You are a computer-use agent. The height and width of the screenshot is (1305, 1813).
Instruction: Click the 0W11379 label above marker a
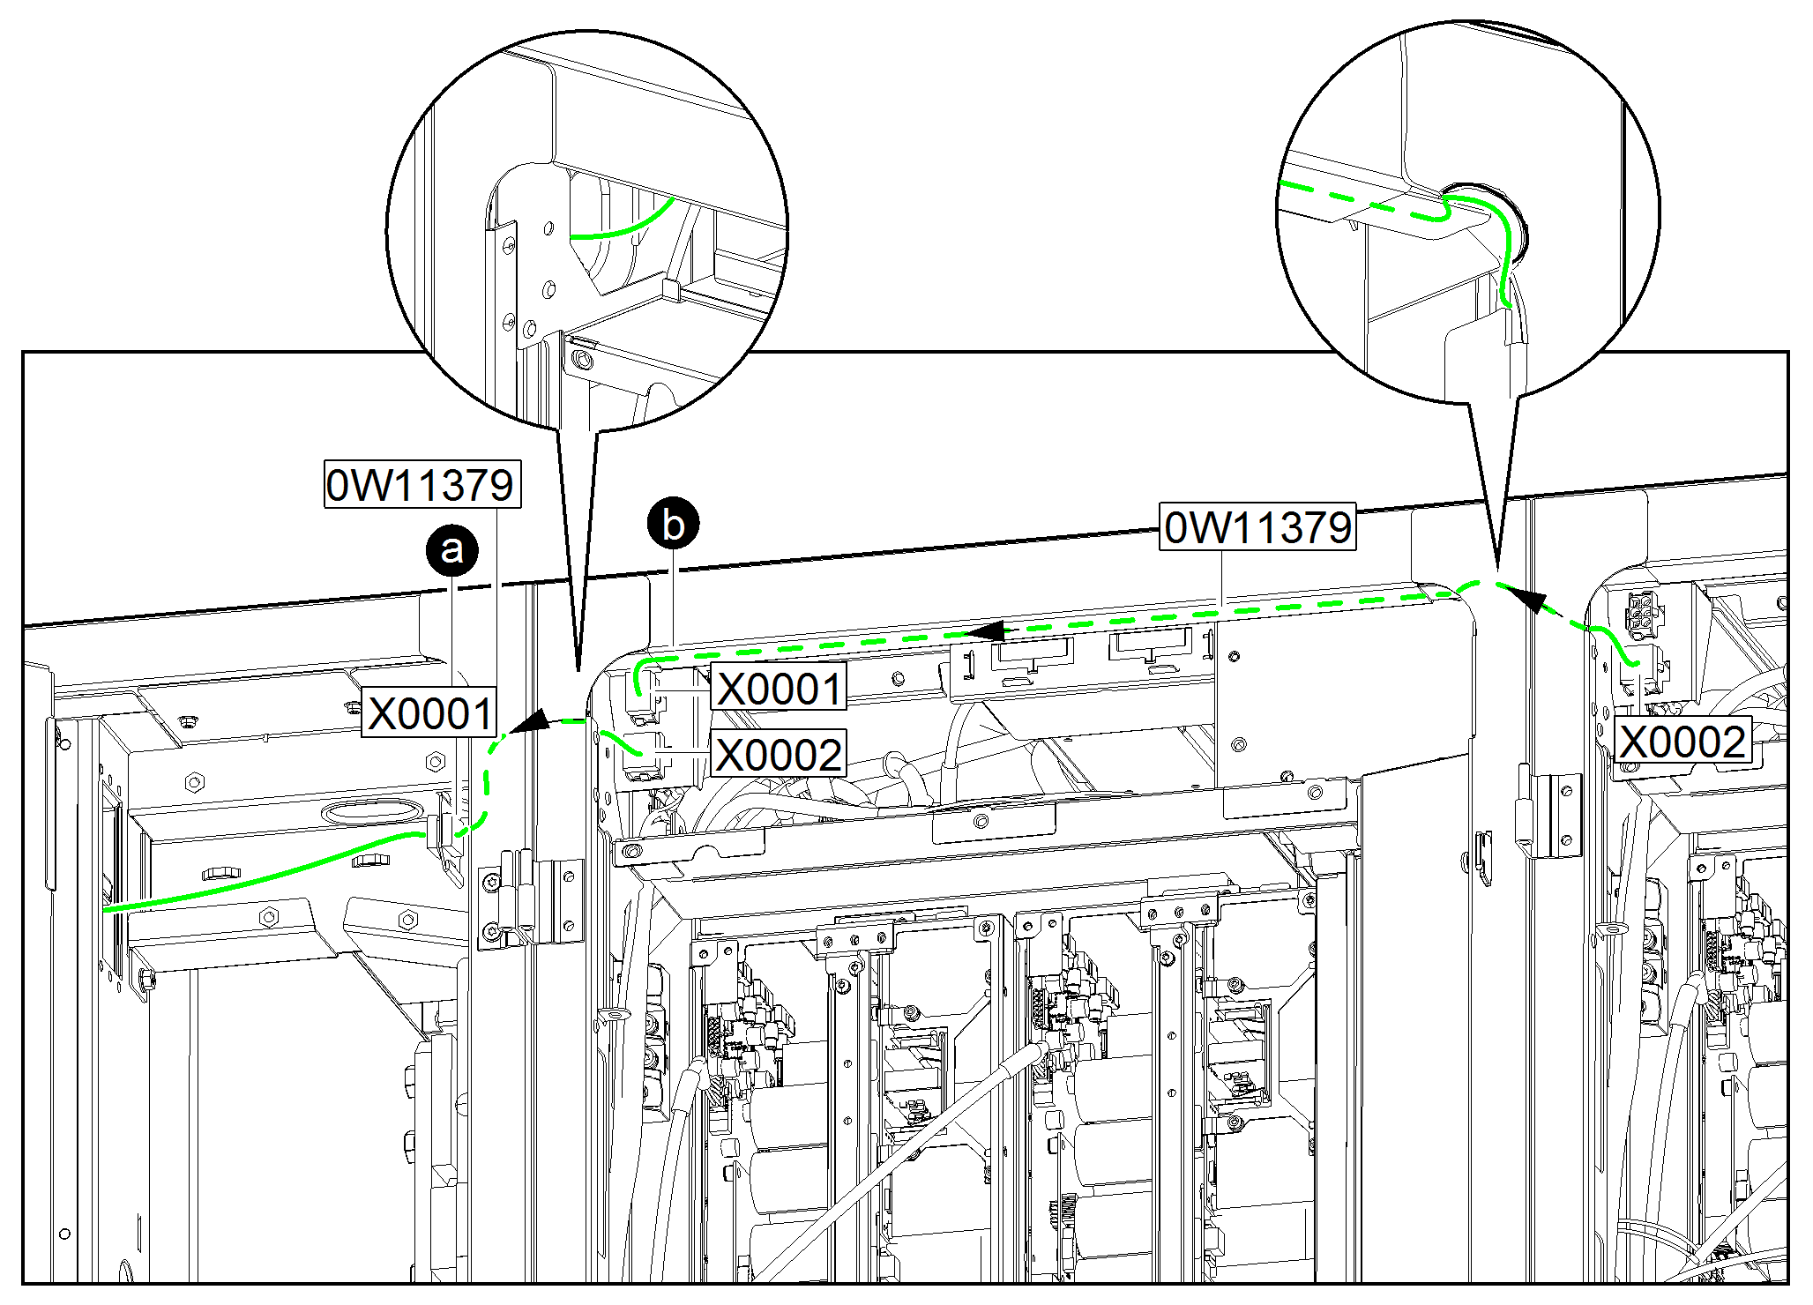coord(422,484)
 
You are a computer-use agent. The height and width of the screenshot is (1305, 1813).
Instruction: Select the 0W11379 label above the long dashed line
coord(1257,526)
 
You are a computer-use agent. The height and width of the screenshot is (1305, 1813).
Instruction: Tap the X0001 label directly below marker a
coord(429,712)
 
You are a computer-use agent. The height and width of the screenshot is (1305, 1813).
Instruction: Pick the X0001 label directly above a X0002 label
coord(779,687)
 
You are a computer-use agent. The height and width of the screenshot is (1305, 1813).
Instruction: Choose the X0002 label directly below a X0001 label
coord(779,754)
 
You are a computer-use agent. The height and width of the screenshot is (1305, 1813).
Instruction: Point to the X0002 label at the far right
coord(1682,740)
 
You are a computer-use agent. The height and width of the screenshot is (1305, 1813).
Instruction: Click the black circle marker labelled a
coord(451,550)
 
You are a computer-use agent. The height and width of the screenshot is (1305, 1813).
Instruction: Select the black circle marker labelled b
coord(673,525)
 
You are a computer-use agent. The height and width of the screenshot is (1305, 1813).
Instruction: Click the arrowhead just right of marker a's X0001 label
coord(529,722)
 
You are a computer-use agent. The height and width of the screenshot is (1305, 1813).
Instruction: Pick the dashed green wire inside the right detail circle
coord(1362,201)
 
